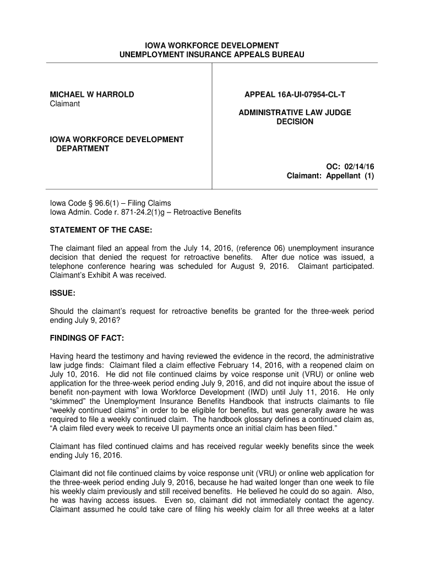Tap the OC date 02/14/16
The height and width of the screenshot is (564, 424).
click(x=351, y=166)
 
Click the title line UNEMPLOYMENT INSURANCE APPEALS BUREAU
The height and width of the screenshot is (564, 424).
click(x=211, y=55)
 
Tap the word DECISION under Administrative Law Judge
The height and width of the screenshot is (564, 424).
click(x=295, y=122)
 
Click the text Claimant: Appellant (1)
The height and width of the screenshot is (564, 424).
click(x=330, y=176)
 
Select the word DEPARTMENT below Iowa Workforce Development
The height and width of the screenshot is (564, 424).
click(x=83, y=149)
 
